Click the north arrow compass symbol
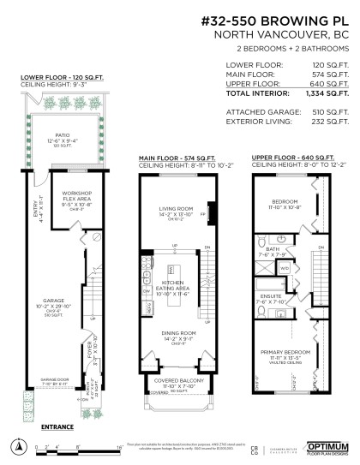(18, 444)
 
